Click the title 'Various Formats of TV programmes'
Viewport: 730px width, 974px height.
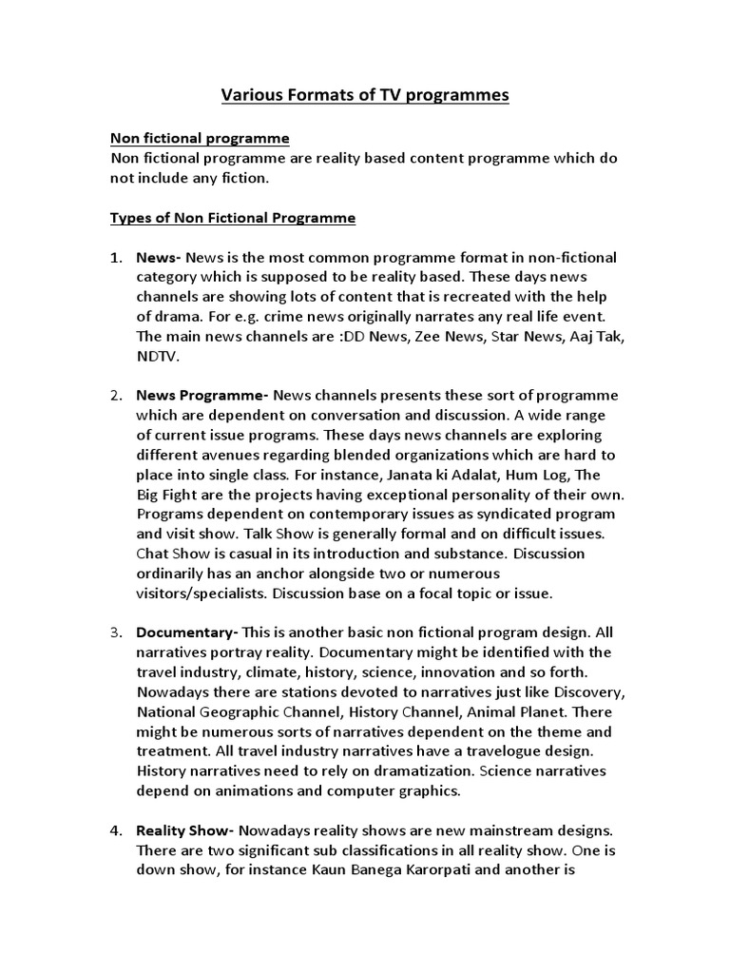(x=365, y=95)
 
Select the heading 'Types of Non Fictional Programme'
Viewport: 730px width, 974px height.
(x=233, y=218)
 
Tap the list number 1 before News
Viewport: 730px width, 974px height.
(x=115, y=258)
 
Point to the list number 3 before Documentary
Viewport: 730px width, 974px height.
(x=115, y=632)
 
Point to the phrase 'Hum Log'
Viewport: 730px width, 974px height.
(x=475, y=474)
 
